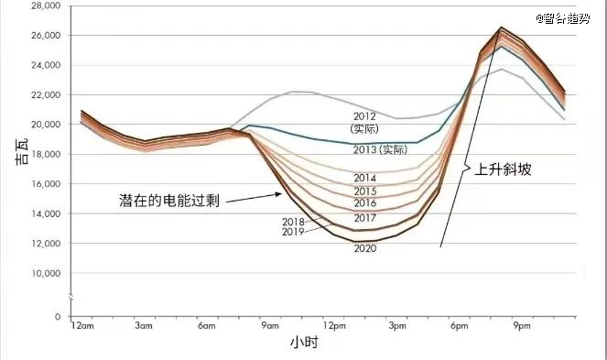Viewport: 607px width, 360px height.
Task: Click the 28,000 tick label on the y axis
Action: point(45,6)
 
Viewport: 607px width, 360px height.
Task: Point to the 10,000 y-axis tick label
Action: point(45,274)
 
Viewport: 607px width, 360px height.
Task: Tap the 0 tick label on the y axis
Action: point(58,317)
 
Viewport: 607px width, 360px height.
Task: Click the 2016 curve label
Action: point(365,203)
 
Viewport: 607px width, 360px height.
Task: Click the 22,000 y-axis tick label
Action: point(45,95)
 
